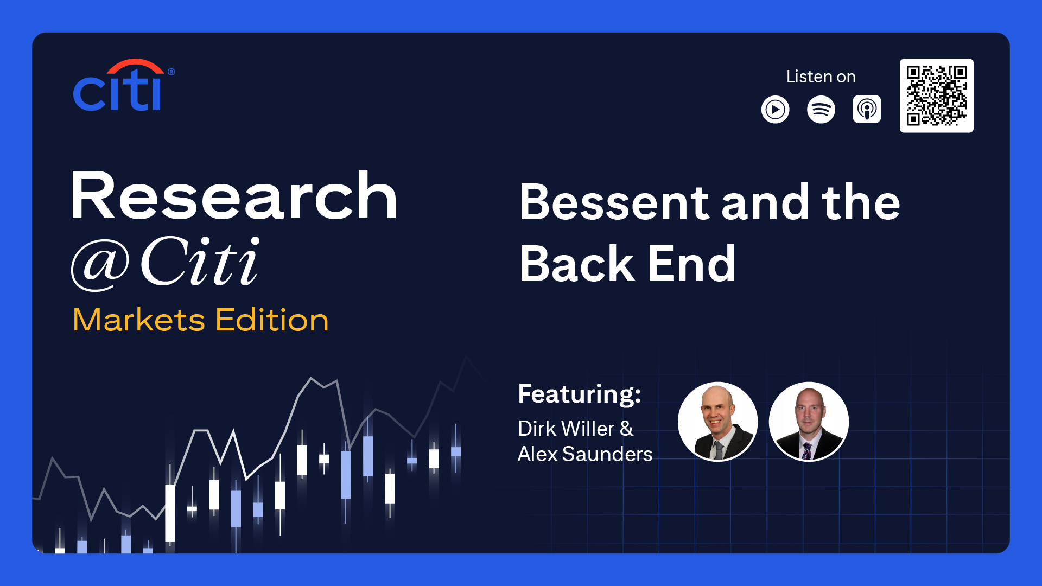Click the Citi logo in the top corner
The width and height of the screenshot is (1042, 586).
point(124,85)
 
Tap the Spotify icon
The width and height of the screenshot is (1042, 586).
point(821,110)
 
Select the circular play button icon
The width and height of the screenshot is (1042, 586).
point(775,110)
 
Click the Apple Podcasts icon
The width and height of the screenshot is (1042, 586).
point(867,110)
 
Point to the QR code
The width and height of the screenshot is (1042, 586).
point(936,95)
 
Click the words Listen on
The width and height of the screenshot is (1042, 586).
point(821,77)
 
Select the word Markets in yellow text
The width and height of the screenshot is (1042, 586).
point(139,320)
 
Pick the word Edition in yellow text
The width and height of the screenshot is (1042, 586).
point(272,320)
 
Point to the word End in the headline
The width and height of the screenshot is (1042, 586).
point(692,264)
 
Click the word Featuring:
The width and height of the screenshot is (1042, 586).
point(580,394)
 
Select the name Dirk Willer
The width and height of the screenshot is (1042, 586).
point(567,429)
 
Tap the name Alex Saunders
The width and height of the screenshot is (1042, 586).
point(585,454)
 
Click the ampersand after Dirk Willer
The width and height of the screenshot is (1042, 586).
point(627,429)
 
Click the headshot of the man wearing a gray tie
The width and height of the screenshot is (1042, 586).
point(717,422)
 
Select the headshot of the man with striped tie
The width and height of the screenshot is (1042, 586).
point(809,422)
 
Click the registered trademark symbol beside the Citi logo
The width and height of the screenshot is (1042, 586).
point(171,72)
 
